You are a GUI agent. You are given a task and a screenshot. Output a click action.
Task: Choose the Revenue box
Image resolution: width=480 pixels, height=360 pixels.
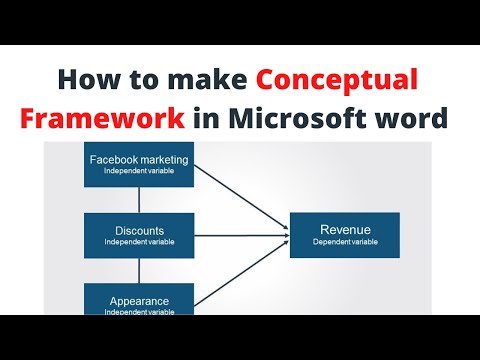pos(344,234)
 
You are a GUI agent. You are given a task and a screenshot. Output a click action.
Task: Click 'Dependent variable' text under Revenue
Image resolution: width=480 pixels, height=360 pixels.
pos(344,243)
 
